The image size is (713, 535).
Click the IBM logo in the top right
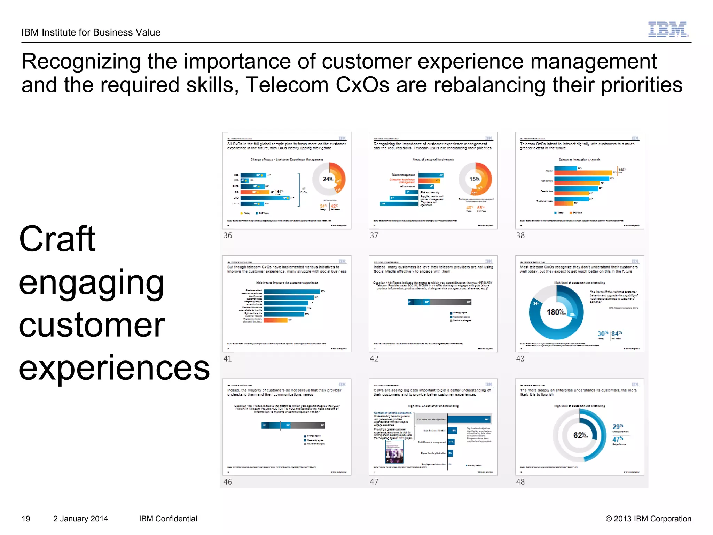(x=668, y=29)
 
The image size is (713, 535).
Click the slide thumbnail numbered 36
(x=287, y=180)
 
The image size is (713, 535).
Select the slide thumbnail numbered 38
(x=579, y=180)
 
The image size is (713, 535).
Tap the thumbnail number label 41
(x=227, y=358)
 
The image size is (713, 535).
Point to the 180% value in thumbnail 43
(x=556, y=312)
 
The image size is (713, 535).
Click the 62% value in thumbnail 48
(x=580, y=435)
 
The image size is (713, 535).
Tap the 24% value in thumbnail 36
(x=328, y=179)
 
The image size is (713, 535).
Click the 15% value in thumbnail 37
(x=474, y=179)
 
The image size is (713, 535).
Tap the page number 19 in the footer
(x=26, y=519)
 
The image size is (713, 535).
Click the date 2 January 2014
(x=80, y=519)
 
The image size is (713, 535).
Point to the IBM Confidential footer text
(x=168, y=519)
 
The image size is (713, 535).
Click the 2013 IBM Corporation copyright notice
(x=648, y=519)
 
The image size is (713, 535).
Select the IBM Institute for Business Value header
(x=91, y=32)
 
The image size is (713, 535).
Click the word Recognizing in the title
(x=81, y=61)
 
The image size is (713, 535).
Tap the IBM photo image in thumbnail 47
(x=394, y=452)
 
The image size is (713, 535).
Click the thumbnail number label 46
(x=227, y=482)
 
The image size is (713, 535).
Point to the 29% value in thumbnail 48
(x=618, y=427)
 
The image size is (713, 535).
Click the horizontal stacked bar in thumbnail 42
(x=440, y=302)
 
